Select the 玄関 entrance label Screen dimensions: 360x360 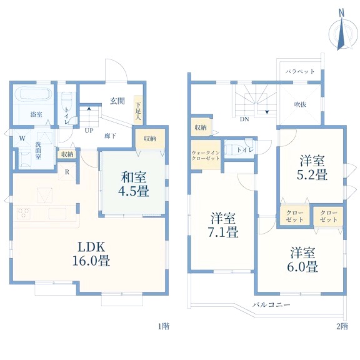(x=117, y=101)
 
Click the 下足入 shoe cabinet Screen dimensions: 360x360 (x=138, y=110)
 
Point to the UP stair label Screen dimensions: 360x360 (x=89, y=131)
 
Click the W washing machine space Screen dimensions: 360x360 (x=22, y=138)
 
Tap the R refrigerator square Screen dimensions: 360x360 (x=67, y=172)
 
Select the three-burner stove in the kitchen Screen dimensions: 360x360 (x=23, y=213)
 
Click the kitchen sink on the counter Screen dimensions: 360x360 (x=57, y=214)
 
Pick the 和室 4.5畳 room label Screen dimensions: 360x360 (x=134, y=184)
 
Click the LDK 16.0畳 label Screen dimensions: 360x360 (x=91, y=254)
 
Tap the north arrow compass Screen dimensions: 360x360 (x=343, y=31)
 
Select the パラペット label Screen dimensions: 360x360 (x=300, y=71)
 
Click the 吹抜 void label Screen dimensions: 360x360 (x=300, y=104)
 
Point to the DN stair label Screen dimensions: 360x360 (x=244, y=119)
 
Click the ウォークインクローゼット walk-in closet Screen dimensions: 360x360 (x=206, y=155)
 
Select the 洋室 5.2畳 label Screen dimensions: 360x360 (x=312, y=167)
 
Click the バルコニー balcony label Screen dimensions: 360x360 (x=272, y=305)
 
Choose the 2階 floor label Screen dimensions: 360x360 (x=342, y=326)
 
